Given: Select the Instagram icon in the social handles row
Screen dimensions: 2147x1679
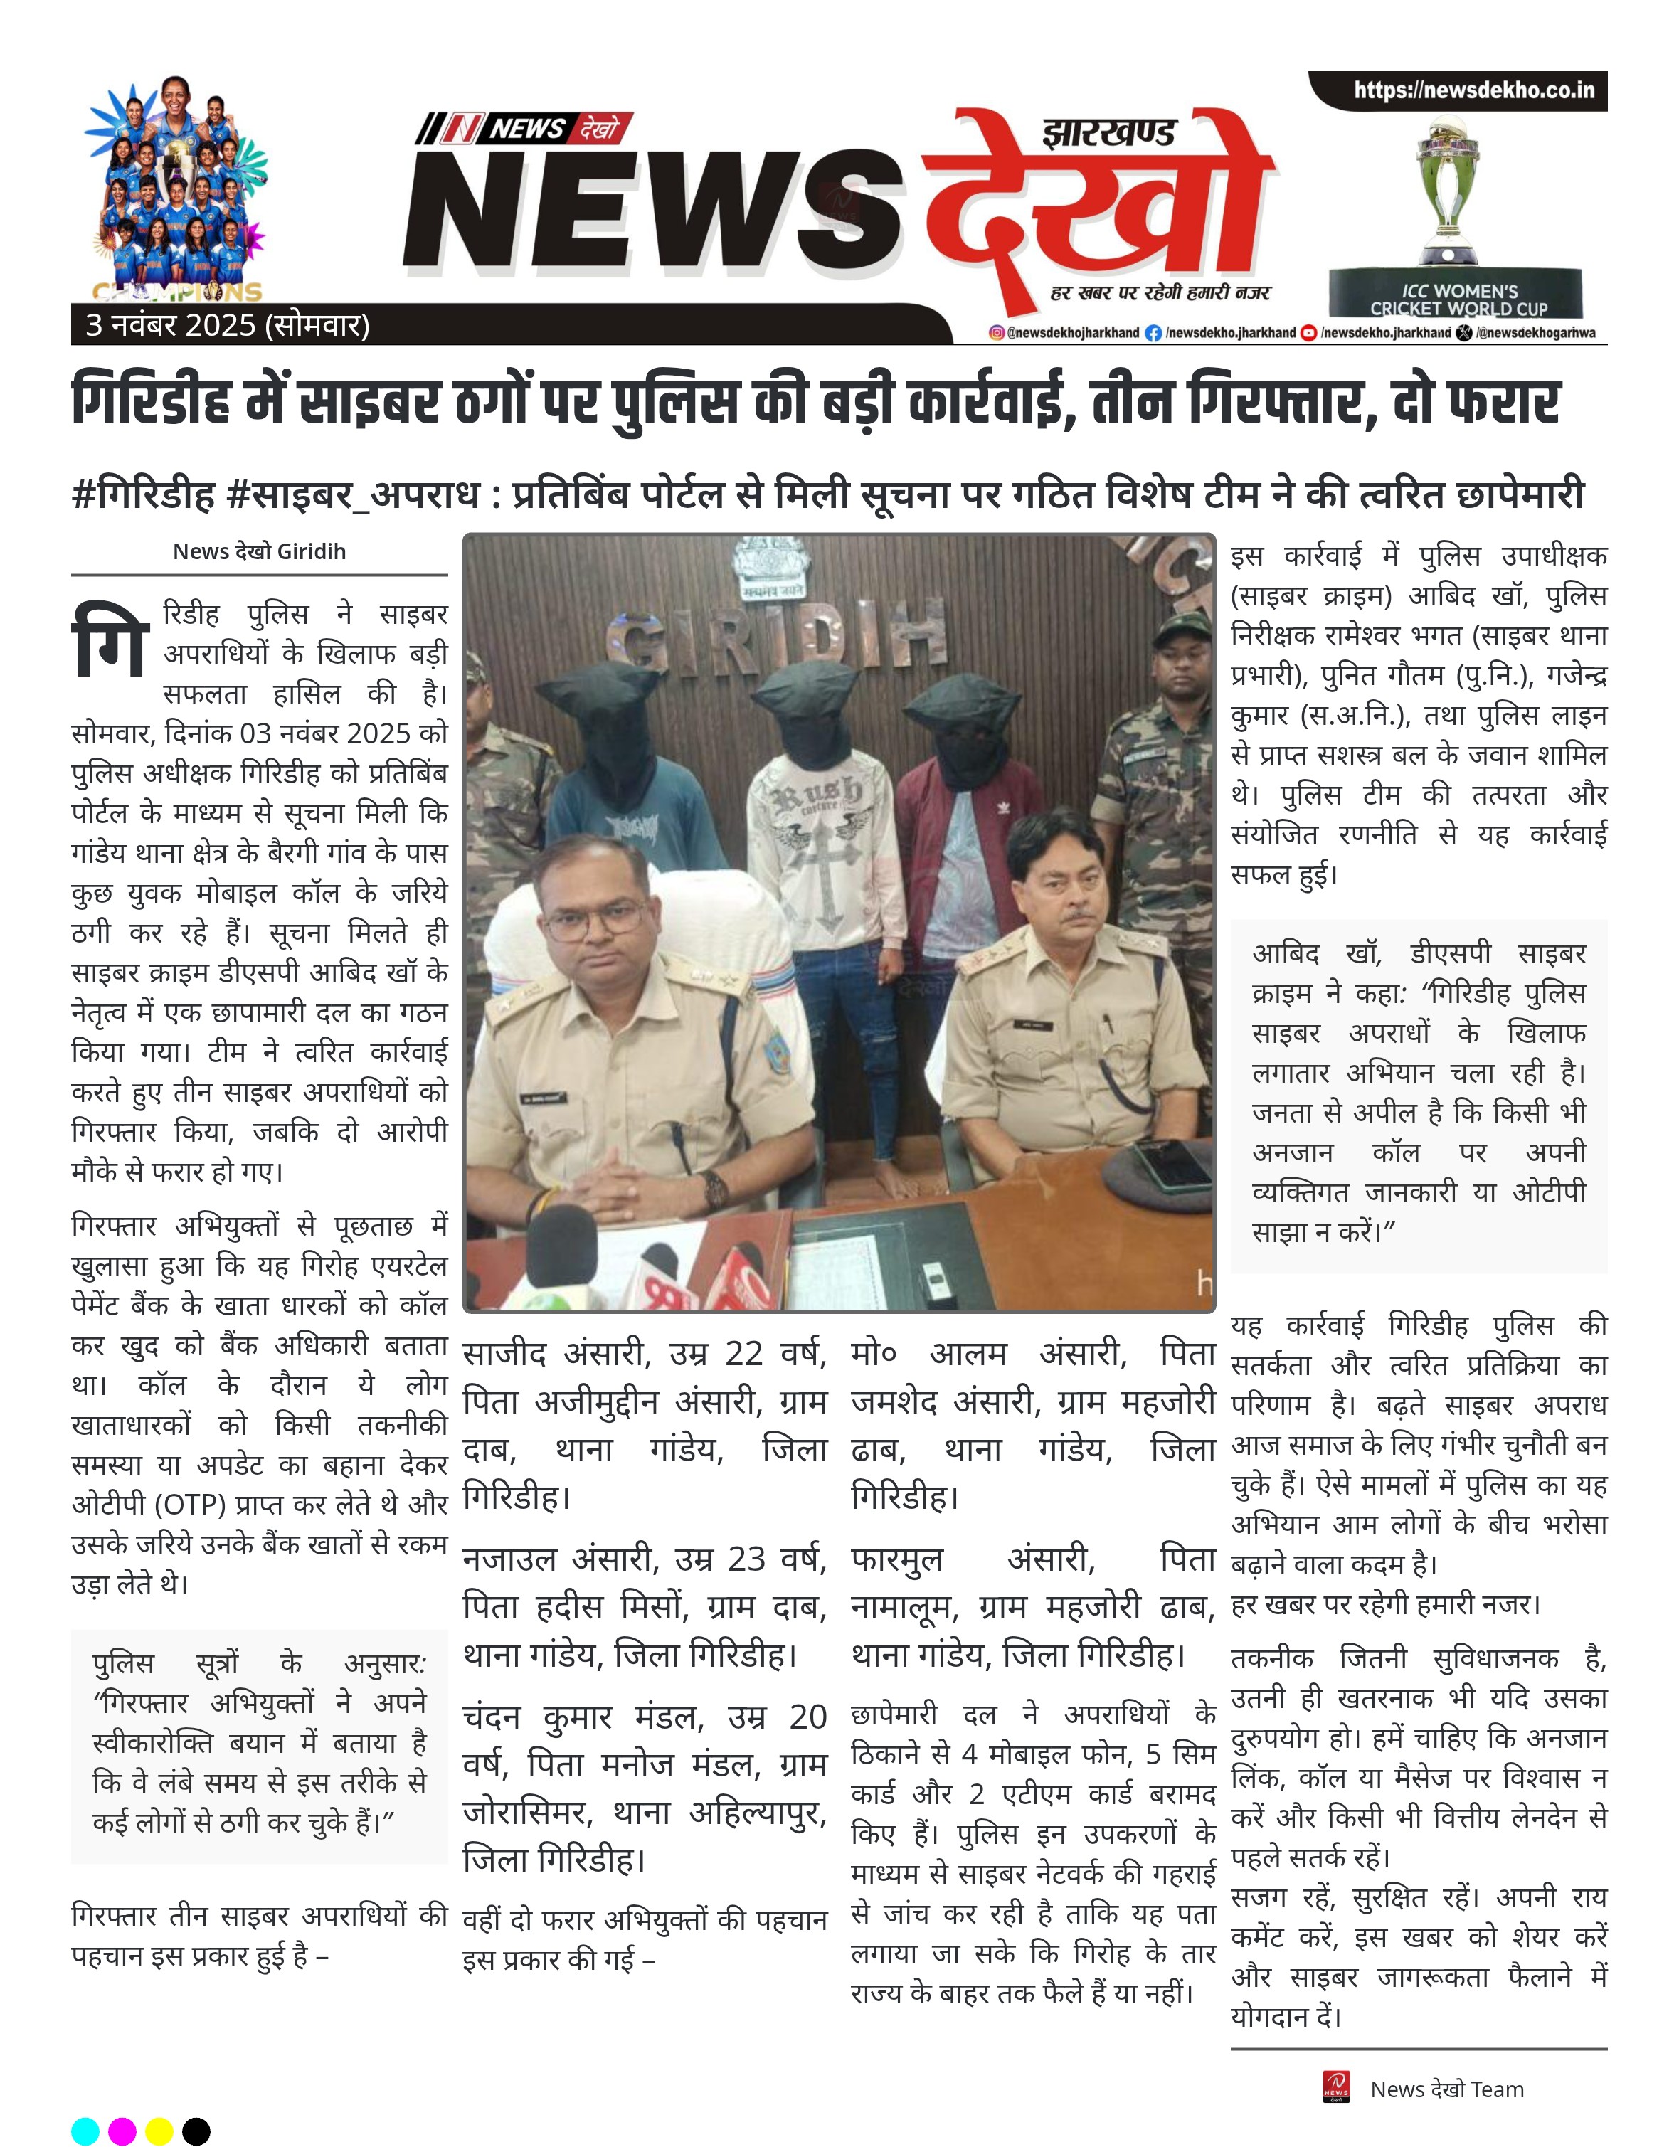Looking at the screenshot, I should point(996,333).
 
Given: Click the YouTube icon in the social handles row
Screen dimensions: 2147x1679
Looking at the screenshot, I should point(1308,333).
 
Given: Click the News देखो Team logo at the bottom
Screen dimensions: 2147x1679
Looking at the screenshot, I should point(1337,2089).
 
